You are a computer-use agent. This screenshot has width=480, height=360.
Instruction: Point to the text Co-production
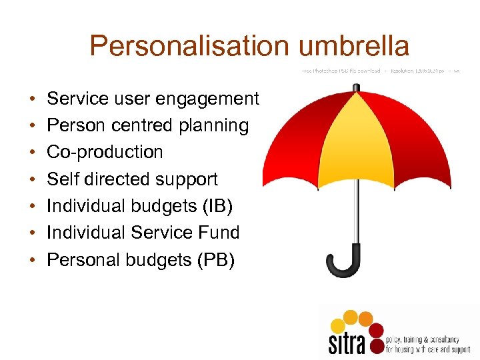pyautogui.click(x=105, y=152)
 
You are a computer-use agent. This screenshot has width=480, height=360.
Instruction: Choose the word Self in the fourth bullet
pyautogui.click(x=61, y=179)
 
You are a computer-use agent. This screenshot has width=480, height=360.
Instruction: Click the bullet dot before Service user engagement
pyautogui.click(x=33, y=99)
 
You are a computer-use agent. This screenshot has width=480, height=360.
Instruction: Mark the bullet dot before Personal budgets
pyautogui.click(x=33, y=260)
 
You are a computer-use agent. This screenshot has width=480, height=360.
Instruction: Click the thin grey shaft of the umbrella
pyautogui.click(x=361, y=207)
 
